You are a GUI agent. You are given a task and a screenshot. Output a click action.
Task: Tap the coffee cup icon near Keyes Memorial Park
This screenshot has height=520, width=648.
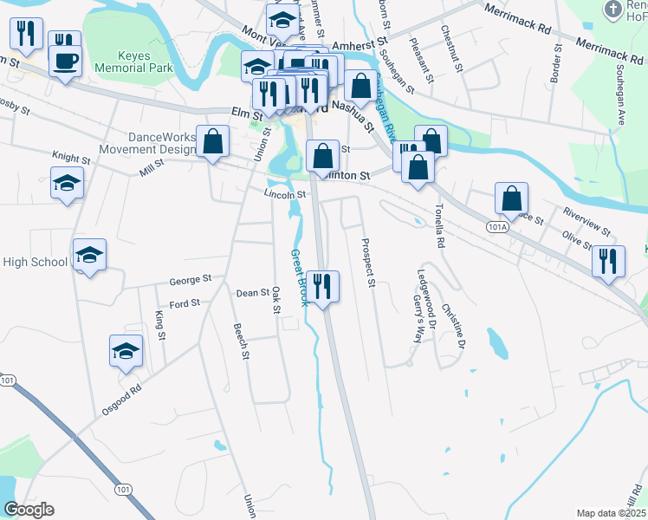pyautogui.click(x=65, y=60)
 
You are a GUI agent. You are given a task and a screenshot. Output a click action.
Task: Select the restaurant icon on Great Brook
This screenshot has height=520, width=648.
pyautogui.click(x=323, y=286)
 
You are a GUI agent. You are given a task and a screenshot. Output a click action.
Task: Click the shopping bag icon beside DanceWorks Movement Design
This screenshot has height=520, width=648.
pyautogui.click(x=212, y=141)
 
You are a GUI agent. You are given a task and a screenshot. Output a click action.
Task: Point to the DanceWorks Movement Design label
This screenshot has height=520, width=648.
pyautogui.click(x=147, y=143)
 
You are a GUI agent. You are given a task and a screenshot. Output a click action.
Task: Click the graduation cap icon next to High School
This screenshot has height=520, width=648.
pyautogui.click(x=88, y=255)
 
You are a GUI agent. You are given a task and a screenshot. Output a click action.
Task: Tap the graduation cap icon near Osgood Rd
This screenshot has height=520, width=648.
pyautogui.click(x=126, y=350)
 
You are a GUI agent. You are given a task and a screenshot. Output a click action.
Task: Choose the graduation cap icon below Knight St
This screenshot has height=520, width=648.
pyautogui.click(x=67, y=183)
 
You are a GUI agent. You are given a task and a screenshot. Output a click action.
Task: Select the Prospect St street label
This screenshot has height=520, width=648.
pyautogui.click(x=367, y=263)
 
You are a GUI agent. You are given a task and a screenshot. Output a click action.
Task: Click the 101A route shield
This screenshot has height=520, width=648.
pyautogui.click(x=496, y=227)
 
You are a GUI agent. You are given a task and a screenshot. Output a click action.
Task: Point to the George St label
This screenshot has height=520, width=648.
pyautogui.click(x=191, y=280)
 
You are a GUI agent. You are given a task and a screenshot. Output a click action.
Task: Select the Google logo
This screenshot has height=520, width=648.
pyautogui.click(x=29, y=510)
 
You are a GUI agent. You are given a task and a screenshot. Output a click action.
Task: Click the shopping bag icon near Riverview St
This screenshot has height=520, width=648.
pyautogui.click(x=512, y=198)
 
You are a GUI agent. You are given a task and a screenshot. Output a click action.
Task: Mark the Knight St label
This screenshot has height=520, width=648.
pyautogui.click(x=71, y=159)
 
